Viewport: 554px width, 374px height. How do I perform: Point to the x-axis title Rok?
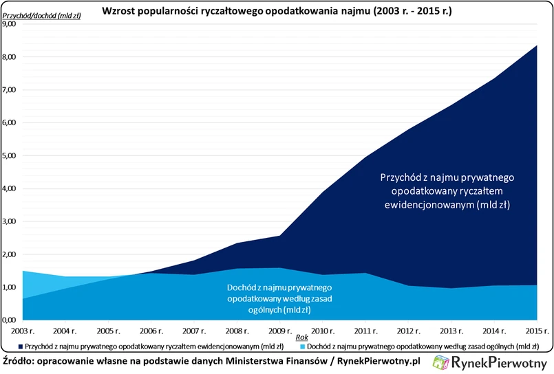[301, 337]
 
